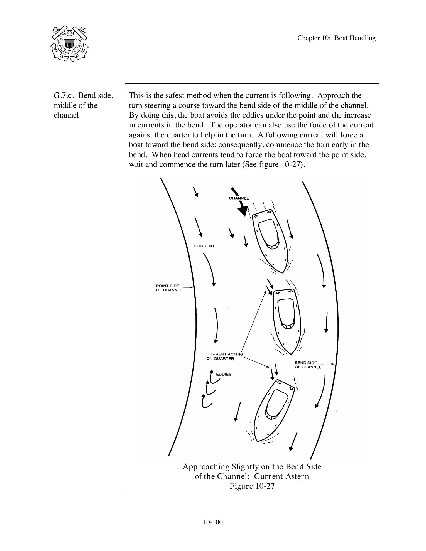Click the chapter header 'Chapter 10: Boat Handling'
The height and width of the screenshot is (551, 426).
(x=336, y=38)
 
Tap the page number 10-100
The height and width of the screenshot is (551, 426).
(x=213, y=522)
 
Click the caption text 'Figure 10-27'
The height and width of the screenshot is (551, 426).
(x=252, y=486)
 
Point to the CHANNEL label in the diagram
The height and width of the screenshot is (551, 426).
(x=239, y=198)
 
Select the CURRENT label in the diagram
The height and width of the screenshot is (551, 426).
(x=204, y=246)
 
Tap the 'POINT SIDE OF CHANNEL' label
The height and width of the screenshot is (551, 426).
(x=169, y=288)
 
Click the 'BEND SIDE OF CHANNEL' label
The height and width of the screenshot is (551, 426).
(x=307, y=365)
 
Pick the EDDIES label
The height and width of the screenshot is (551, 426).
(x=224, y=374)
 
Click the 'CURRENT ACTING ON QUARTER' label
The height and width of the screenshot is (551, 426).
(x=224, y=356)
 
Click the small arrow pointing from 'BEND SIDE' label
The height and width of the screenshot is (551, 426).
(x=328, y=364)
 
